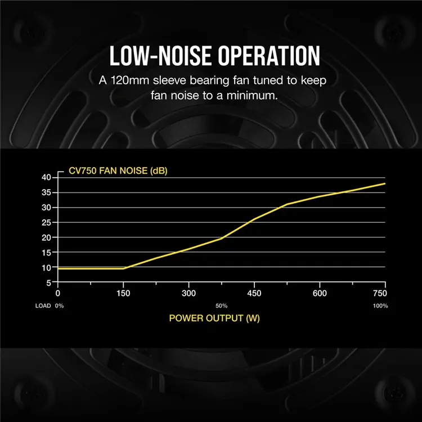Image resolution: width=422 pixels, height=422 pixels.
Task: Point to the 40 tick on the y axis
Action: [x=47, y=177]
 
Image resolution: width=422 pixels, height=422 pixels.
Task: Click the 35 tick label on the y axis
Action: [x=47, y=192]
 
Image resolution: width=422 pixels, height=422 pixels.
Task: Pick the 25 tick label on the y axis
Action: [x=47, y=222]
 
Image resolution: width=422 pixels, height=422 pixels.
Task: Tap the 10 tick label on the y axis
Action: [x=47, y=267]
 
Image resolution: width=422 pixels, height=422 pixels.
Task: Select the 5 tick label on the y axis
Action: [x=49, y=282]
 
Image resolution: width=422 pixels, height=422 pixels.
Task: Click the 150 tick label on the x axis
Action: [x=123, y=293]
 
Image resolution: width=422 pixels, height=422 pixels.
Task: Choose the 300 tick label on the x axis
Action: [x=189, y=293]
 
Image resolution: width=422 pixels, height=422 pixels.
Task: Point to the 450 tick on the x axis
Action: [x=254, y=293]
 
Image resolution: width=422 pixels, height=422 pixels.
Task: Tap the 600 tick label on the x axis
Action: [x=320, y=293]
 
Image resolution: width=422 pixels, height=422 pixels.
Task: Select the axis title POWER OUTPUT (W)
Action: [x=214, y=318]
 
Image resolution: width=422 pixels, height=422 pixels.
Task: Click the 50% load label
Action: [x=221, y=306]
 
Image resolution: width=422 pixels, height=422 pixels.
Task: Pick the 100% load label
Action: [x=381, y=306]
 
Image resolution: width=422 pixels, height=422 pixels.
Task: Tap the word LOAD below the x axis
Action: [x=42, y=306]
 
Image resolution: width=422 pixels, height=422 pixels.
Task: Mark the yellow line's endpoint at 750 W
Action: [x=385, y=183]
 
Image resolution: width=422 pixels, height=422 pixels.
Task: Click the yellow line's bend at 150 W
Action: [x=123, y=268]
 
